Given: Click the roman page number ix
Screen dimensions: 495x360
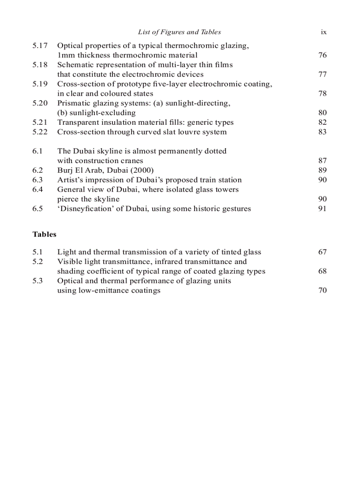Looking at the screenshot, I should pyautogui.click(x=323, y=32).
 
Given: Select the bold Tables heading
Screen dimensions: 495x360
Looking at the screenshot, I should pyautogui.click(x=45, y=234).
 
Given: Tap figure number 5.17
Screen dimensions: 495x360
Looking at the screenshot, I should pyautogui.click(x=40, y=46).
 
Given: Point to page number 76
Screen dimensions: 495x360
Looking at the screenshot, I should pyautogui.click(x=322, y=56).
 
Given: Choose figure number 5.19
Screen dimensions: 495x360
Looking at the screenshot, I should pyautogui.click(x=40, y=84).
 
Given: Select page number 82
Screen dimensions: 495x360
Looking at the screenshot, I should pyautogui.click(x=322, y=123).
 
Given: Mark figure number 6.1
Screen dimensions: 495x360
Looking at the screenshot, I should pyautogui.click(x=37, y=151).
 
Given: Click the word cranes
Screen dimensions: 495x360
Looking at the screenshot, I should pyautogui.click(x=132, y=161).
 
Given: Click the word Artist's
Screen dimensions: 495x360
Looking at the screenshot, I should pyautogui.click(x=71, y=180).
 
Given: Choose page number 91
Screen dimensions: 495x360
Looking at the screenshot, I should pyautogui.click(x=322, y=209).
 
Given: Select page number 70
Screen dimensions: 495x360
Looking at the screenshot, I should pyautogui.click(x=322, y=290).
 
